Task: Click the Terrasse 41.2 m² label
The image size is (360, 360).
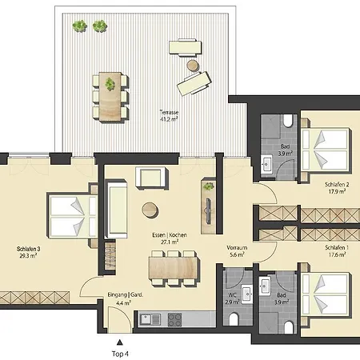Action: coord(169,115)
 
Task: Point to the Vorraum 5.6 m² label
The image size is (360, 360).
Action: coord(237,251)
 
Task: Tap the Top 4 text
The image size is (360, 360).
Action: coord(120,354)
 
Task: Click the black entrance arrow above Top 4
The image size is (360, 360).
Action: coord(120,342)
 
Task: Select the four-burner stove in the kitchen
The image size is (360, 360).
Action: coord(174,319)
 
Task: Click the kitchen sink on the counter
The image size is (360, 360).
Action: coord(150,319)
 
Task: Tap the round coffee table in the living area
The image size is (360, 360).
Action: coord(150,210)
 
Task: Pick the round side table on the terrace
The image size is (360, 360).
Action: coord(193,66)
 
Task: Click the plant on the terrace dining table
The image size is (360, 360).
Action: coord(110,84)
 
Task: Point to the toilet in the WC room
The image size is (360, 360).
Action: coord(234,318)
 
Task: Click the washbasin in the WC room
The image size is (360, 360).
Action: coord(247,294)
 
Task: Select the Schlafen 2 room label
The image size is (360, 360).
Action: coord(337,188)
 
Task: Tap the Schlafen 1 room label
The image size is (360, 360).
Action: coord(337,251)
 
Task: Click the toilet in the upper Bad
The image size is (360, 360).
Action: coord(288,122)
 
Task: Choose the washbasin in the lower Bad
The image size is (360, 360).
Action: coord(265,286)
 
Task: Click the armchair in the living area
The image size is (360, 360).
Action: coord(151,178)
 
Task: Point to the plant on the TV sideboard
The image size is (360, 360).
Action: coord(208,186)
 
